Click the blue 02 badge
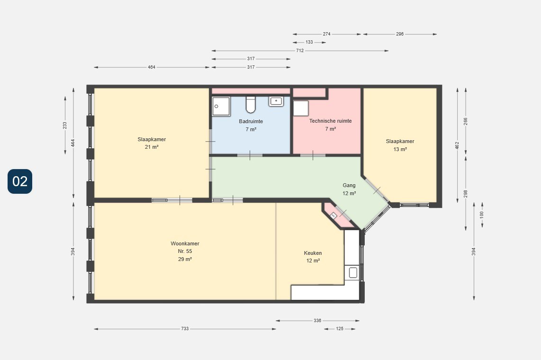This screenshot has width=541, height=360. coord(20,181)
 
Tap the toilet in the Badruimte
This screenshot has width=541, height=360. coord(251,105)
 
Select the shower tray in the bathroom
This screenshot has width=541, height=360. coord(221,106)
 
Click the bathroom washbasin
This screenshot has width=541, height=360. coord(276,101)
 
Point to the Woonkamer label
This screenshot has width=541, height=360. coord(185,243)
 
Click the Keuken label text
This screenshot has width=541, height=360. coord(313,253)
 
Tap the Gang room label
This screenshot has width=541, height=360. coord(349,185)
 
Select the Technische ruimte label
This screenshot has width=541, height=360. coord(331,121)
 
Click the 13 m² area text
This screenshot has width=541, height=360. coord(400,149)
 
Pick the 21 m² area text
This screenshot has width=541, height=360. coord(152,147)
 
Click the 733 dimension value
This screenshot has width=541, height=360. coord(185,329)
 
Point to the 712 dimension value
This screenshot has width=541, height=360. coord(300,51)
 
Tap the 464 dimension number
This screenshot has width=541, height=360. coord(152,67)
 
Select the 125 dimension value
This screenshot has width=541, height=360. coord(340,329)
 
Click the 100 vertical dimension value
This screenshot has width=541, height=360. coord(482,215)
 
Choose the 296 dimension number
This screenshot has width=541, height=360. coord(400,34)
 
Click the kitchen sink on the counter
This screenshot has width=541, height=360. coord(353,273)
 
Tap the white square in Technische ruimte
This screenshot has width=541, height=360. coord(301,108)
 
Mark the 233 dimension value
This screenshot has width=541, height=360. coord(65,126)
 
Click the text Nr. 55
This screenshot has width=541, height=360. coord(185,251)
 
